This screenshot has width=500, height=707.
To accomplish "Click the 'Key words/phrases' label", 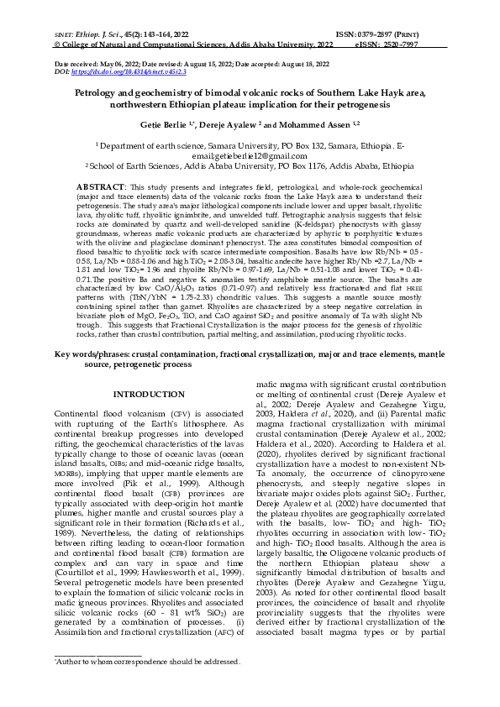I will (102, 380).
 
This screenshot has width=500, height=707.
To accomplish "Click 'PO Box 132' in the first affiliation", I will (290, 145).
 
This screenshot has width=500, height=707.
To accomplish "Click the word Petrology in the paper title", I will (100, 95).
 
